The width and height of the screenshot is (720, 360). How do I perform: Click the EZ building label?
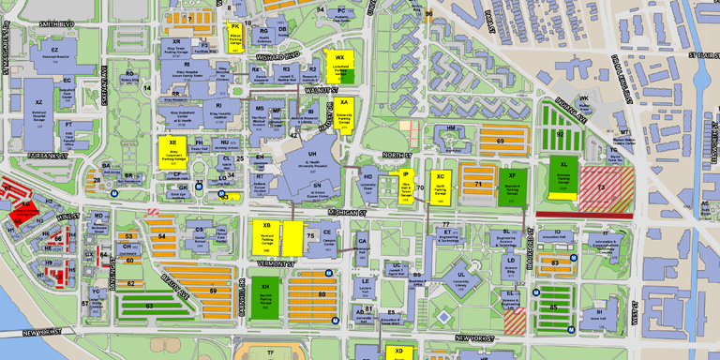[55, 50]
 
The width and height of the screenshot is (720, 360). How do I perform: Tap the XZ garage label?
[39, 102]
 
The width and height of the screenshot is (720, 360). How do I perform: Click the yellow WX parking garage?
[339, 64]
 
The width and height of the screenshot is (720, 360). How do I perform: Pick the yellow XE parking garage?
[173, 150]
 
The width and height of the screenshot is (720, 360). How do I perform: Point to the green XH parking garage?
[265, 293]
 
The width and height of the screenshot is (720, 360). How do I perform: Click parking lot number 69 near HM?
[500, 142]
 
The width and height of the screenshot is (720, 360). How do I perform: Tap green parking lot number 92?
[560, 135]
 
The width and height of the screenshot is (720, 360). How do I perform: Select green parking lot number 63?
[148, 306]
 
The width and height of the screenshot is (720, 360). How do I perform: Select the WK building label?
[584, 98]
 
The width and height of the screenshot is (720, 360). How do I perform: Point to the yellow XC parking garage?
[440, 184]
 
